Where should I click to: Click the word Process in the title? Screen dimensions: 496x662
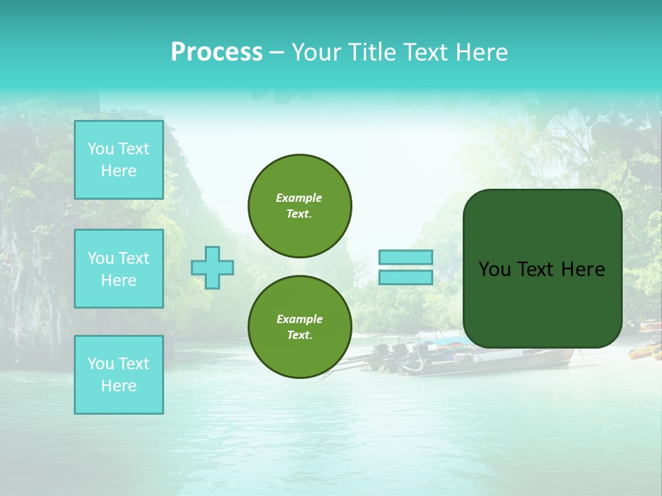pos(217,52)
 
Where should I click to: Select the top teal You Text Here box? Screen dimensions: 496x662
pos(119,160)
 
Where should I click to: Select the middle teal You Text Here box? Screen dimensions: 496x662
pos(119,269)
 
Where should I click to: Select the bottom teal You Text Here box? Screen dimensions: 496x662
pos(119,375)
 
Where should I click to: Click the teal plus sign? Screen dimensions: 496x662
pos(212,267)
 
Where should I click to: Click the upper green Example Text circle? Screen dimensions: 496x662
pos(300,206)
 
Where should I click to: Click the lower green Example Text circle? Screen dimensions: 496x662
pos(300,327)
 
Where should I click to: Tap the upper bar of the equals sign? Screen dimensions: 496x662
pos(405,257)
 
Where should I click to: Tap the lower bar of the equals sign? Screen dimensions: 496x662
pos(405,278)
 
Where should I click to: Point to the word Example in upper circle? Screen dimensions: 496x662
pos(299,198)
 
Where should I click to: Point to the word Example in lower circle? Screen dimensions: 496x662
pos(299,319)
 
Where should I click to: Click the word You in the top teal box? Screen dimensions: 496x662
pos(101,149)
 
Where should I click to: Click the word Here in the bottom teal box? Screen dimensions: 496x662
pos(119,386)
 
